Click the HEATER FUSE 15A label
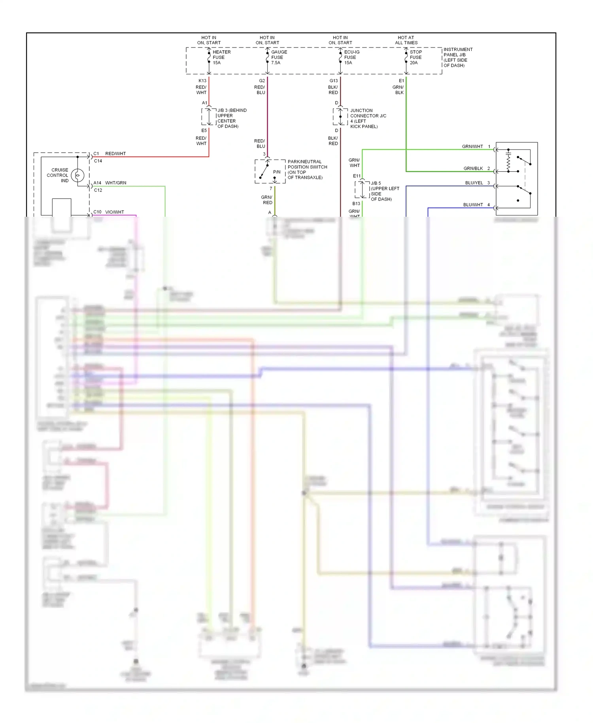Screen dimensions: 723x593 click(221, 57)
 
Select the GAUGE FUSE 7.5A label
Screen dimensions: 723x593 click(279, 57)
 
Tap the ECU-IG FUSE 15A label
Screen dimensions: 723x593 click(351, 57)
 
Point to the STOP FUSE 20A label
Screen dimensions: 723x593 click(415, 57)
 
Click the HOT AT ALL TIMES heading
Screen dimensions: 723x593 click(406, 40)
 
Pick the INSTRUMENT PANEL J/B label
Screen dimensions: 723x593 click(457, 57)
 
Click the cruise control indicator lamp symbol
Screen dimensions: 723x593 click(77, 175)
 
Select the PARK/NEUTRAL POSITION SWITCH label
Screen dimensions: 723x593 click(307, 169)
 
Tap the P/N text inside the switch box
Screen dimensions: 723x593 click(277, 172)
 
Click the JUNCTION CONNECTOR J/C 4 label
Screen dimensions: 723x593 click(367, 118)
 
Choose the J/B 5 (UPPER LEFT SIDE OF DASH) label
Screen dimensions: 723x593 click(384, 191)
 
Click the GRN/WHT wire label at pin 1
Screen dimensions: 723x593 click(472, 146)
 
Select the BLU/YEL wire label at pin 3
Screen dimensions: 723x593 click(474, 183)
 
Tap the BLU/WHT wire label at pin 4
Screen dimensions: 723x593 click(473, 204)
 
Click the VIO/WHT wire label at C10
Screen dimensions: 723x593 click(114, 212)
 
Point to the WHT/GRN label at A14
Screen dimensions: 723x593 click(115, 183)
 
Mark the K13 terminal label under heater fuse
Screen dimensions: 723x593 click(202, 81)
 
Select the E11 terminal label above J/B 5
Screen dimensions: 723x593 click(357, 176)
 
